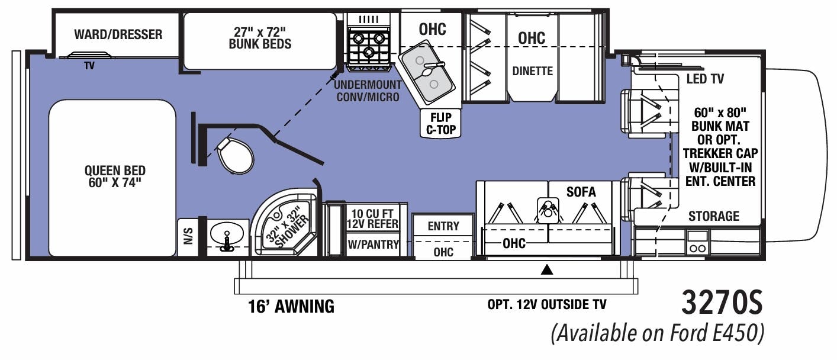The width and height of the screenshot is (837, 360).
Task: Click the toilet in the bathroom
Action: tap(235, 155)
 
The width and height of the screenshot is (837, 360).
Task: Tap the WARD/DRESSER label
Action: tap(118, 34)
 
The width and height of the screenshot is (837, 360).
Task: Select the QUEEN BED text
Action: tap(115, 177)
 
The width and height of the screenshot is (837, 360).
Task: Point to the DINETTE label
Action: tap(532, 71)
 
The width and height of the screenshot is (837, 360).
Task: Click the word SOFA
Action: tap(581, 192)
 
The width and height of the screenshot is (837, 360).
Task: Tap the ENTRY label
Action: tap(443, 226)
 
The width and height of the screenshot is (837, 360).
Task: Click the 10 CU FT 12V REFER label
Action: tap(372, 218)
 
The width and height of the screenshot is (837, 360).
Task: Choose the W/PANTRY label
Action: tap(372, 245)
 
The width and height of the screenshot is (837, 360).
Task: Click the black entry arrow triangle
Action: tap(548, 271)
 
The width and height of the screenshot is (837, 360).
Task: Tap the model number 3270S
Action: tap(722, 304)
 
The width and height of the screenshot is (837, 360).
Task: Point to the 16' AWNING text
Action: tap(291, 306)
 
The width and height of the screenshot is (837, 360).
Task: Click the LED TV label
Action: tap(704, 79)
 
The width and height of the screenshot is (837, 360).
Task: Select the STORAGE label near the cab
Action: tap(713, 216)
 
